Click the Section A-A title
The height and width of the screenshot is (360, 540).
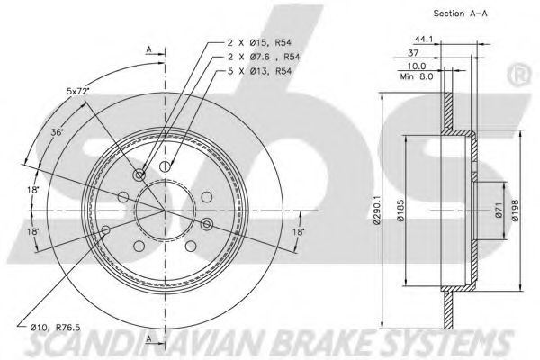click(x=460, y=13)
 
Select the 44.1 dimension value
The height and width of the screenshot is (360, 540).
click(x=424, y=40)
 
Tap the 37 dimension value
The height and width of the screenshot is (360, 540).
click(x=413, y=53)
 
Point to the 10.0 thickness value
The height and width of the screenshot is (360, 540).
click(x=417, y=66)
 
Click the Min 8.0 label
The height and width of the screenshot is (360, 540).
click(x=417, y=76)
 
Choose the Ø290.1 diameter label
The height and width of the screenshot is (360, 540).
click(x=377, y=210)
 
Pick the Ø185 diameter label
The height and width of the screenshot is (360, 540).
click(x=400, y=210)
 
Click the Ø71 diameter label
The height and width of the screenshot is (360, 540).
click(x=499, y=210)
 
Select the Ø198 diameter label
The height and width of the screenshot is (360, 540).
click(x=515, y=210)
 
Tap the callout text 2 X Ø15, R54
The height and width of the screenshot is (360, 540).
click(x=260, y=42)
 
